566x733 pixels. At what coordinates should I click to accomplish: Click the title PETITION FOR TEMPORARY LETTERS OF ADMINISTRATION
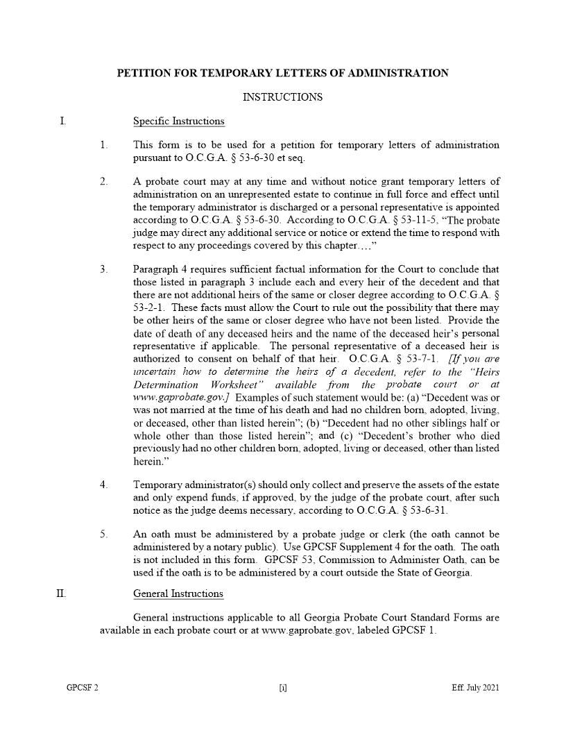tap(282, 73)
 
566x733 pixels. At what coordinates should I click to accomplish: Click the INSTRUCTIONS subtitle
tap(282, 97)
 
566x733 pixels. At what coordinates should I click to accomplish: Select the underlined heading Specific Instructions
tap(178, 121)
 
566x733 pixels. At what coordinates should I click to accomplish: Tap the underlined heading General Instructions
tap(178, 593)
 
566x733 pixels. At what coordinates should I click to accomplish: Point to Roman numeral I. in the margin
tap(63, 121)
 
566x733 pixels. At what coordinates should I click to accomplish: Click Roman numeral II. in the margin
tap(61, 593)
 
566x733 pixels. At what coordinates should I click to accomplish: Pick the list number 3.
tap(103, 269)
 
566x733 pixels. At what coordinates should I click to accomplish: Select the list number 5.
tap(103, 534)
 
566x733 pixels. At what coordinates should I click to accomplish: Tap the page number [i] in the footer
tap(283, 689)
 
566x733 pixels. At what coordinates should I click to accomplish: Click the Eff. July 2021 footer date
tap(474, 689)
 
